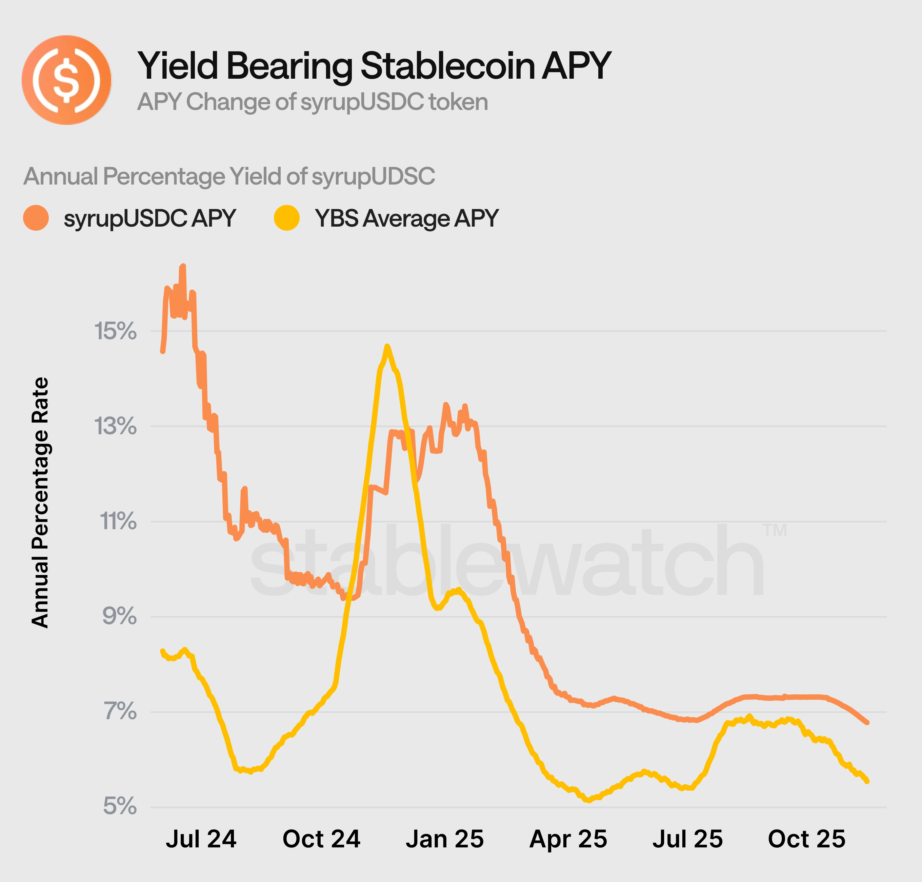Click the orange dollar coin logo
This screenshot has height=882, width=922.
(66, 80)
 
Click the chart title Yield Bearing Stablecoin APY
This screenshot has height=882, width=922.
(374, 66)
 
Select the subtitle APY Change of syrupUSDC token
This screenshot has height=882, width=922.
(312, 102)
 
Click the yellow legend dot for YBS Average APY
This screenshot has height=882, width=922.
(286, 218)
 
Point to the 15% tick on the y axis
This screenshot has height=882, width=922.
(116, 331)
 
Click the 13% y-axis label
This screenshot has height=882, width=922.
(116, 426)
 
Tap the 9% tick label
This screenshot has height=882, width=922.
(119, 616)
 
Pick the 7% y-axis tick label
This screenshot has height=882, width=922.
(119, 711)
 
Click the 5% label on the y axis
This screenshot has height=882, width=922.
(119, 806)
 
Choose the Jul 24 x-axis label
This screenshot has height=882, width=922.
(201, 839)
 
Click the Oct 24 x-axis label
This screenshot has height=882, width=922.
(321, 839)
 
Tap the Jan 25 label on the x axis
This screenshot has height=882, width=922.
(444, 839)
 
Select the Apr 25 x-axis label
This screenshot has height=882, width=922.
(568, 839)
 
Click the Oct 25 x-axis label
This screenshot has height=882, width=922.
(806, 839)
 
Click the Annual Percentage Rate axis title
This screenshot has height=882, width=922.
(40, 503)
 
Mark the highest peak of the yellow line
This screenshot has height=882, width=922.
(386, 346)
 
